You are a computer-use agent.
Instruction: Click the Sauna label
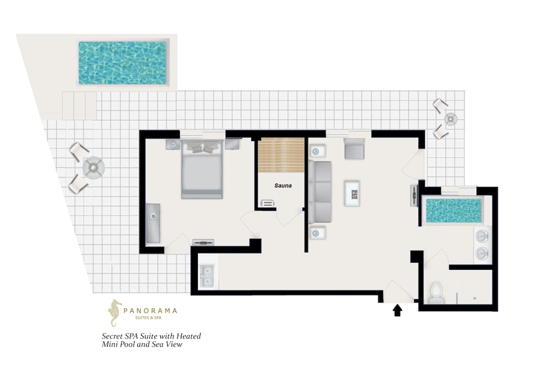pos(283,186)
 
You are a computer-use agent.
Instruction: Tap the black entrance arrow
pos(397,310)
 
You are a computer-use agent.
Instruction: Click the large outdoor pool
pos(122,63)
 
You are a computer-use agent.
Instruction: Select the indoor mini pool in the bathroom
pos(453,210)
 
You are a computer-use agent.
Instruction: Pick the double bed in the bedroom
pos(202,170)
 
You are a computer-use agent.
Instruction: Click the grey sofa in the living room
pos(320,192)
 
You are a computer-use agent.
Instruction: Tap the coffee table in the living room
pos(352,193)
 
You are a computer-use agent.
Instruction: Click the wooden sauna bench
pos(281,155)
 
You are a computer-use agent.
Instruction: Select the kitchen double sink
pos(208,276)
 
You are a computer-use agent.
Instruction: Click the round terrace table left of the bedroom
pos(94,168)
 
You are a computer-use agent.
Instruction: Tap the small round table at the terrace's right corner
pos(451,119)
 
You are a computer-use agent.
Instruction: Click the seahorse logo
pos(114,313)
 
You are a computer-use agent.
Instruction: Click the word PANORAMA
pos(150,311)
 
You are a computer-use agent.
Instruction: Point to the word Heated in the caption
pos(189,336)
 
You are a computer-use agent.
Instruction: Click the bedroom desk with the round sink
pos(153,223)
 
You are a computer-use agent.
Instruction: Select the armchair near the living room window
pos(355,149)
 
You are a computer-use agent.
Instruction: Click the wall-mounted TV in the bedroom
pos(203,242)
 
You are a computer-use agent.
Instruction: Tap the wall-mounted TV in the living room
pos(414,196)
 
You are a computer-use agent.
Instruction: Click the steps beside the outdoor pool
pos(79,106)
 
